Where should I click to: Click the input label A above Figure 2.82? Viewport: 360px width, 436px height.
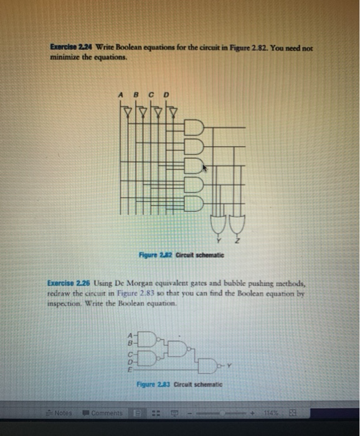(x=120, y=95)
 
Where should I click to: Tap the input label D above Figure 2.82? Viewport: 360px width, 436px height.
(x=166, y=95)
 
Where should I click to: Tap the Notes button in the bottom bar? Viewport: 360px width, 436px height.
(x=61, y=412)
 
